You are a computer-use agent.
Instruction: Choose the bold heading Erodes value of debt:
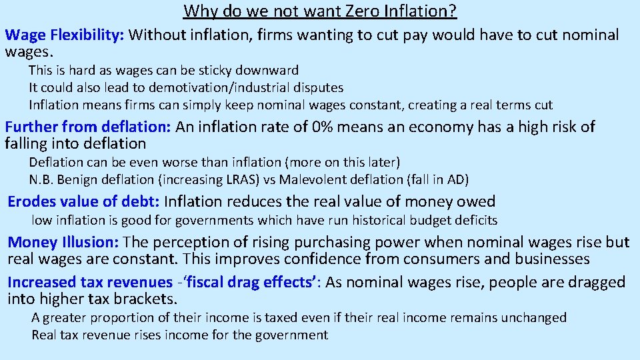click(83, 201)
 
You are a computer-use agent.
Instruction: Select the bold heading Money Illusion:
click(63, 242)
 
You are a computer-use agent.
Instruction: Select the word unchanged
click(533, 318)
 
